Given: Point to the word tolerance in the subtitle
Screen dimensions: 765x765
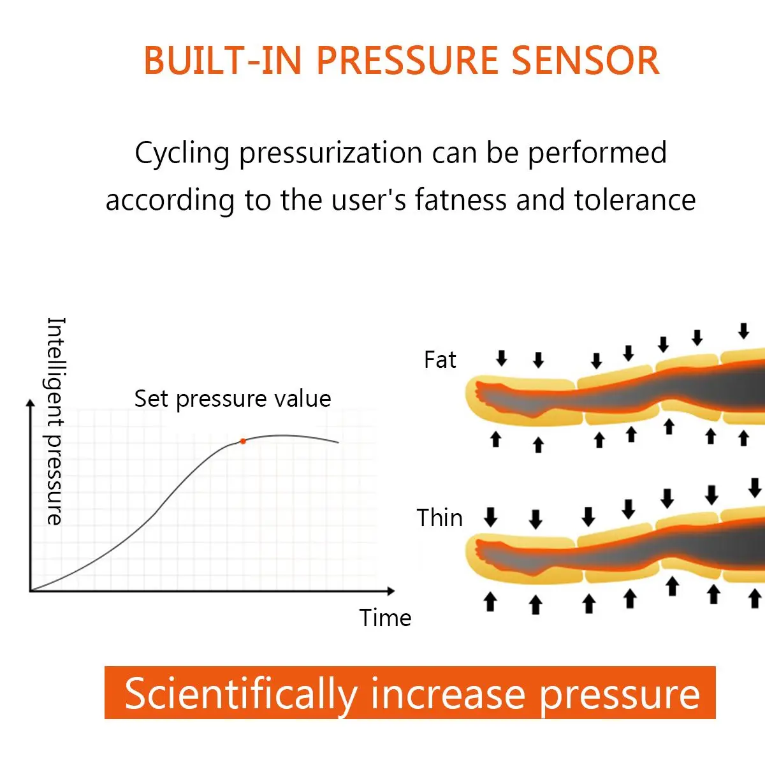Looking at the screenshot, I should click(x=634, y=200).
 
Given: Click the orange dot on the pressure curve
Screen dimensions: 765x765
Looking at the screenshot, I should click(x=243, y=441).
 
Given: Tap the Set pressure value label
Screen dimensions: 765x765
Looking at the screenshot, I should click(x=232, y=399).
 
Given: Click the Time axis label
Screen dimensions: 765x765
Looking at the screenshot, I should click(x=385, y=618).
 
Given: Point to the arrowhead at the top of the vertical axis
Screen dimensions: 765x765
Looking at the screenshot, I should click(x=30, y=403).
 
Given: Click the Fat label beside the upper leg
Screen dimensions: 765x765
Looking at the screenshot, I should click(x=440, y=360).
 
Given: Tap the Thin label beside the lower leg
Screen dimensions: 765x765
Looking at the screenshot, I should click(x=439, y=518).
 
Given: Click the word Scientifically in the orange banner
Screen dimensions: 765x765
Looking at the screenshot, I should click(x=240, y=694).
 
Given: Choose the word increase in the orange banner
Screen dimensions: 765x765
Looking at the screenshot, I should click(x=448, y=694).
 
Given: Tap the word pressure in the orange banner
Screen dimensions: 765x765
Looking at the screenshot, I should click(x=620, y=694).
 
